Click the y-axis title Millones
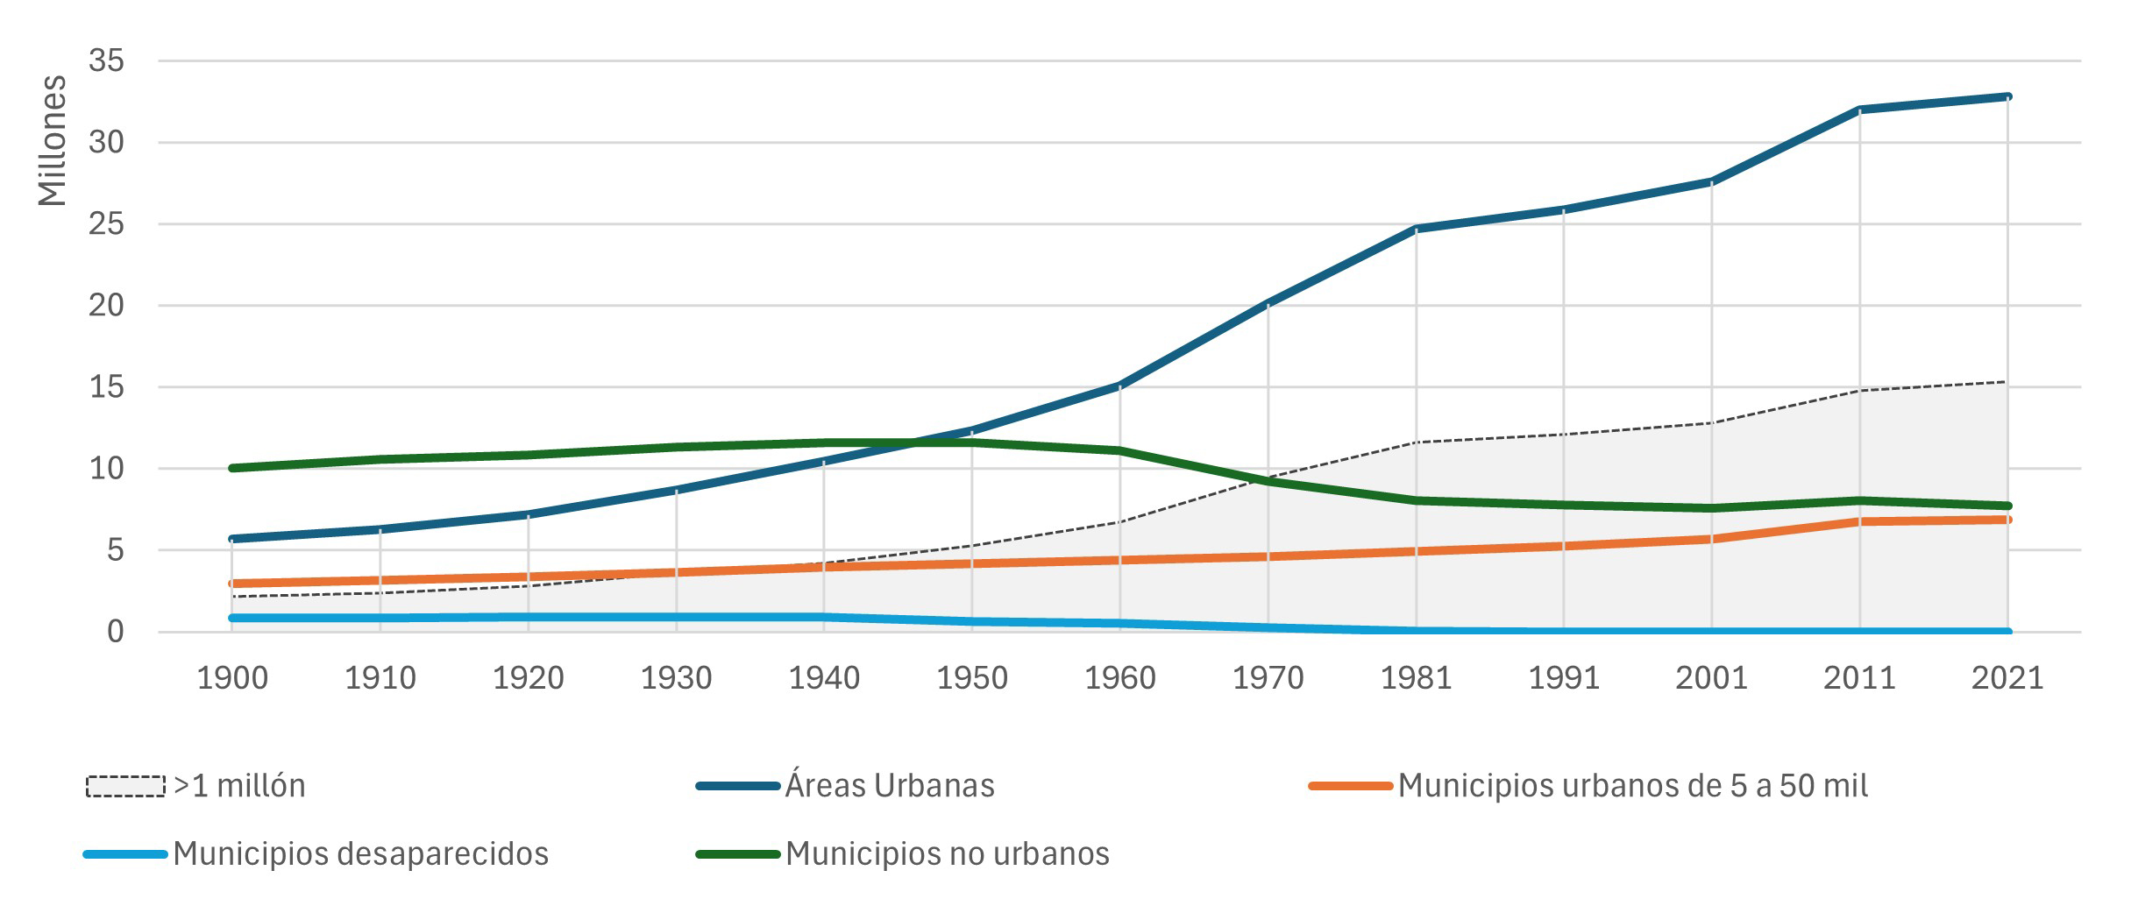tap(53, 140)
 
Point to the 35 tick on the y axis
tap(106, 61)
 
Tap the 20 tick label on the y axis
tap(106, 306)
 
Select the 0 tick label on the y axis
tap(115, 632)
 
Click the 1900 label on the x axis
tap(232, 678)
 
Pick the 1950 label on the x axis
tap(972, 678)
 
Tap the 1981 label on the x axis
tap(1417, 678)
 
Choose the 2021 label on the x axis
tap(2007, 678)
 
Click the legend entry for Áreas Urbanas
tap(889, 786)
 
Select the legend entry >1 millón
tap(239, 786)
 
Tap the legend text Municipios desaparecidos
tap(360, 853)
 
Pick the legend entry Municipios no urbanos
tap(947, 853)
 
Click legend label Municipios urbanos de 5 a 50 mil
tap(1632, 786)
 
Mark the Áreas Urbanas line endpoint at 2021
tap(2007, 96)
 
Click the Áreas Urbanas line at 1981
tap(1417, 229)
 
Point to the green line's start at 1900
tap(232, 468)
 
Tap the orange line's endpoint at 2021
tap(2007, 520)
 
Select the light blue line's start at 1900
tap(232, 618)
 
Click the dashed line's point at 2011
tap(1859, 390)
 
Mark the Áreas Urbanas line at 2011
tap(1859, 110)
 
